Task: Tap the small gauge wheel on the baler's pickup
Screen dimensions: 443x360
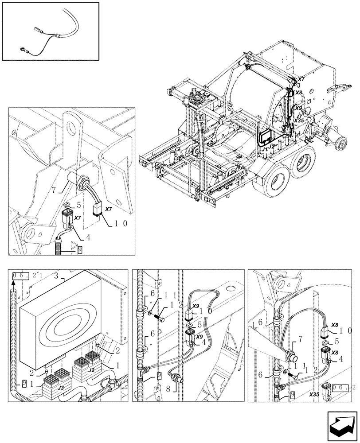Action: click(x=341, y=143)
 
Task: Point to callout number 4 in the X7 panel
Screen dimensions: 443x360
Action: click(x=89, y=237)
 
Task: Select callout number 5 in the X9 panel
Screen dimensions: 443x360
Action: click(x=200, y=326)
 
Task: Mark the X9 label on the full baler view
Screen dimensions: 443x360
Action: click(x=298, y=108)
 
